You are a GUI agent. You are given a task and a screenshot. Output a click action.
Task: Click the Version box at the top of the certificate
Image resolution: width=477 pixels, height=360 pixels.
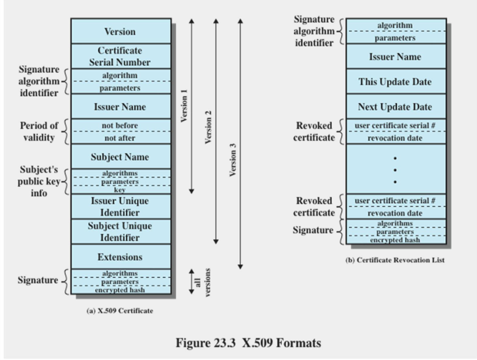(121, 31)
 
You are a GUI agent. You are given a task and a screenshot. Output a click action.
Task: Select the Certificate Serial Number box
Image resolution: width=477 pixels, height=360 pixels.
(121, 57)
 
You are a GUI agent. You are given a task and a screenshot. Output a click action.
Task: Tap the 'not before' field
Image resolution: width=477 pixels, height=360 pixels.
(121, 125)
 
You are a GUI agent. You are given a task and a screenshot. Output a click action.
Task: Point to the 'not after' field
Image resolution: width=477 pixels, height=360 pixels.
(121, 138)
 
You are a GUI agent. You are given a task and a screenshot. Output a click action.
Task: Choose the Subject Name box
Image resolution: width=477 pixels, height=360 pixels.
(121, 157)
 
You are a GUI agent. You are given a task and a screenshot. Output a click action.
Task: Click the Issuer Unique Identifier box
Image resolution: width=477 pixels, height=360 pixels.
(121, 207)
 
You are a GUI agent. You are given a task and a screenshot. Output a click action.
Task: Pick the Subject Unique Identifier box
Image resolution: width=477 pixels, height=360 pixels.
(121, 231)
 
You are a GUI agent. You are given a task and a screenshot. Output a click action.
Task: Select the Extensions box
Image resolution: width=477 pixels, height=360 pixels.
(121, 257)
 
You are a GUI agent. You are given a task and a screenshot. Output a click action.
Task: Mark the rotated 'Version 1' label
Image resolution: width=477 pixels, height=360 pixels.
(184, 106)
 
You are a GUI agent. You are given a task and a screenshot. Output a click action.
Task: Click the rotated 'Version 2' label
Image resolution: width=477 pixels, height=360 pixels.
(208, 127)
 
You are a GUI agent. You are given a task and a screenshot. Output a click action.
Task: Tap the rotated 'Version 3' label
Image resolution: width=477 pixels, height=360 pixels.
(232, 160)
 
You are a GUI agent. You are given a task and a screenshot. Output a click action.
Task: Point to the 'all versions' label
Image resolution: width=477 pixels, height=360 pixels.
(202, 282)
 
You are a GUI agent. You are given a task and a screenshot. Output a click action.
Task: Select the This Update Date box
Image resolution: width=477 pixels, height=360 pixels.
(396, 82)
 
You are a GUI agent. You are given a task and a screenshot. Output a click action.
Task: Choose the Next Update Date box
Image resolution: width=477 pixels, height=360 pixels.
(396, 107)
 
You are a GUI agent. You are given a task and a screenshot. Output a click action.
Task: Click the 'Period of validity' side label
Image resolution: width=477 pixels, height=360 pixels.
(39, 131)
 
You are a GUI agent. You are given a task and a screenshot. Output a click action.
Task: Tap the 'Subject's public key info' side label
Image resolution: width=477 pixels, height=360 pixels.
(39, 181)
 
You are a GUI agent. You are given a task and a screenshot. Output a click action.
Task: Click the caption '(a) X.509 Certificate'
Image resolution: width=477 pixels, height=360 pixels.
(120, 311)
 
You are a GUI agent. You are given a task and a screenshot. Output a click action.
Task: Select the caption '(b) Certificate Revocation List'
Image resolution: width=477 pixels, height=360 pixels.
(395, 260)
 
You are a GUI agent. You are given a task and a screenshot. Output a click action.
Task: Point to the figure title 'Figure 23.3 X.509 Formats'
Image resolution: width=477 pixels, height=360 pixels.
(248, 343)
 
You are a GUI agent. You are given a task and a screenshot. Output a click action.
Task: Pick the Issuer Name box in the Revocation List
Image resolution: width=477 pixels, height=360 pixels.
(396, 57)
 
